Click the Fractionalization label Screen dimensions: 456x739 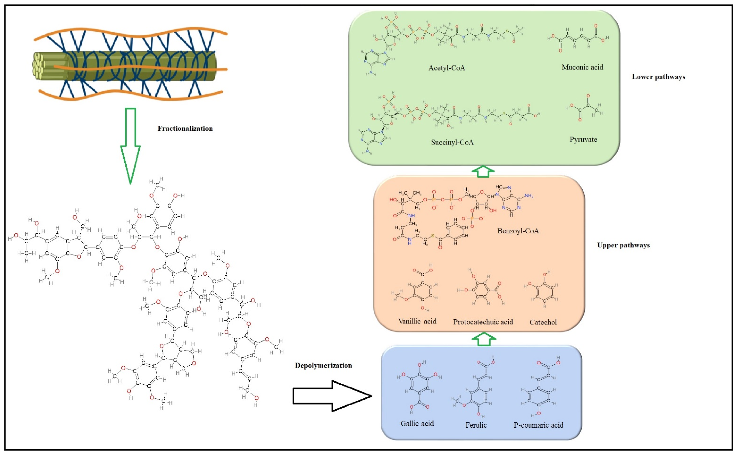coord(185,129)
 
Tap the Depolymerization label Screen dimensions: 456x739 coord(323,366)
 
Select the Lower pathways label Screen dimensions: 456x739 coord(658,77)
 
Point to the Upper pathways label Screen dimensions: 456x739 coord(623,245)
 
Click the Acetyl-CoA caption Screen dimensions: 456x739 coord(447,68)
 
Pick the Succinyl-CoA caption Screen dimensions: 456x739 coord(452,142)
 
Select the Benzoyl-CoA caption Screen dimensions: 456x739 coord(518,231)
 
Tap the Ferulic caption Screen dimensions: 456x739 coord(476,425)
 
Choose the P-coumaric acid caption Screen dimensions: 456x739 coord(538,425)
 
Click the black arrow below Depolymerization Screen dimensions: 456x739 coord(332,396)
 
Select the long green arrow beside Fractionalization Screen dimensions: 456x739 coord(130,145)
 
